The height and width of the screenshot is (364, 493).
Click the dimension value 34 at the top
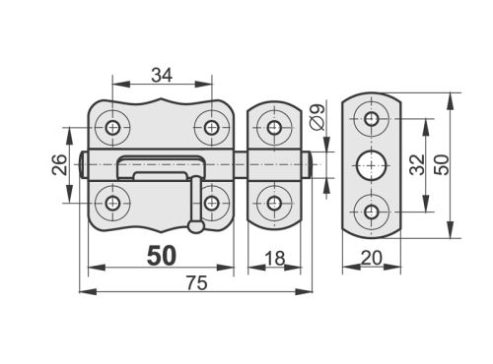pos(162,76)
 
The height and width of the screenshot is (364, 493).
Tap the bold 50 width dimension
pos(162,256)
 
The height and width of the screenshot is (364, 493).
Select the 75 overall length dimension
pos(197,283)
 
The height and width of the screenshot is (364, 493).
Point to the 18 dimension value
pos(274,259)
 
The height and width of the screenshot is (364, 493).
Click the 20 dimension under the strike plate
pos(372,258)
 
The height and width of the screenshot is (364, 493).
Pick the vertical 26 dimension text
pos(60,164)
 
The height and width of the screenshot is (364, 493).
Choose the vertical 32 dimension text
pos(417,164)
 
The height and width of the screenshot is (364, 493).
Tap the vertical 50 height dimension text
pos(441,164)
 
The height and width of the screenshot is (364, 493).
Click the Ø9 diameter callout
pos(317,117)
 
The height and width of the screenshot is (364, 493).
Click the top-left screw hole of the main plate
pos(112,127)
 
